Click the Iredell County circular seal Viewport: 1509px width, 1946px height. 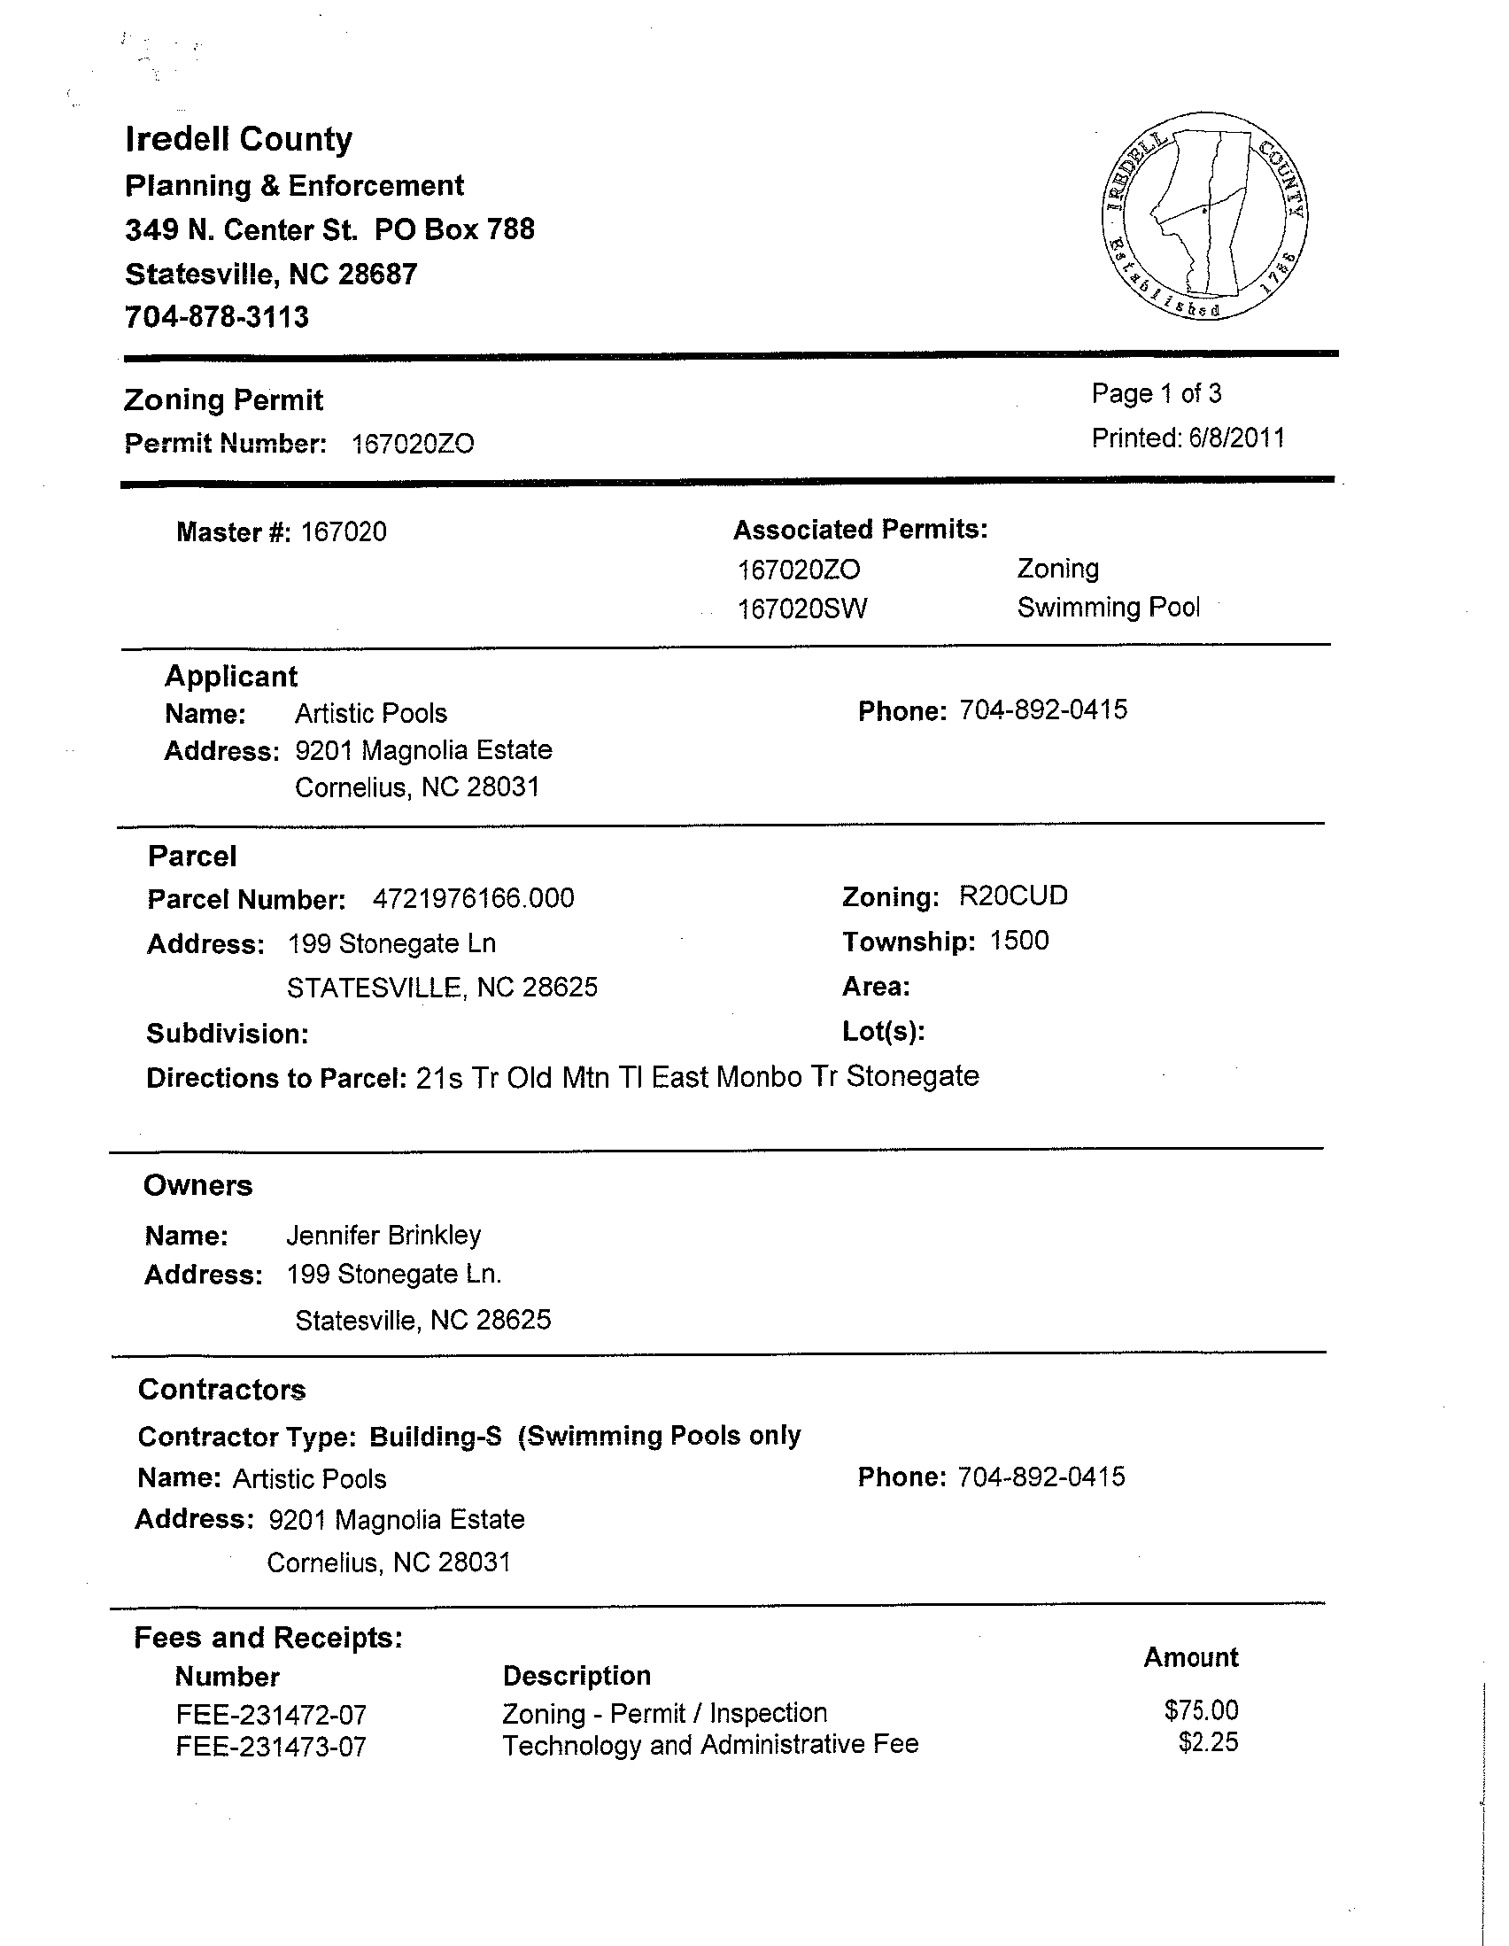pos(1204,215)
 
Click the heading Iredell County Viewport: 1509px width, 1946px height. pos(239,139)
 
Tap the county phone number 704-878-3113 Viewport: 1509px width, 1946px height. pos(216,317)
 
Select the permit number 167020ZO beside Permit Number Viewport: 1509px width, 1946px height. pos(413,444)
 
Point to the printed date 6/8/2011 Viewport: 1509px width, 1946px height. pos(1235,438)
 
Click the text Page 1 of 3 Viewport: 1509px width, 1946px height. pos(1157,394)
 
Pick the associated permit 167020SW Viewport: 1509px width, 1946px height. pos(801,609)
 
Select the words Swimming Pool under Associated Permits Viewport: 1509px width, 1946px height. pos(1108,608)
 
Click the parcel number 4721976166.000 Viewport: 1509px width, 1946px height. pos(473,898)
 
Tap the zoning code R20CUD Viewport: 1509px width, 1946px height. pos(1013,895)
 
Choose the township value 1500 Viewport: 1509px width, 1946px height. pos(1019,941)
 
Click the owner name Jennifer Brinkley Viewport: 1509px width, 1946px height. pos(383,1235)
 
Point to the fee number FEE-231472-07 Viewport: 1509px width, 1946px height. pos(271,1714)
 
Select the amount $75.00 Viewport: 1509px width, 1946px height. pos(1201,1710)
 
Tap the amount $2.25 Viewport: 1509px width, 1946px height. pos(1208,1742)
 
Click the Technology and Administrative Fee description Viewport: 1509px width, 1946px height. pos(710,1744)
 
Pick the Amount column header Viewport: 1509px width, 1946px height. pos(1191,1657)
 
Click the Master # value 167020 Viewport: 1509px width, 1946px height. pos(344,532)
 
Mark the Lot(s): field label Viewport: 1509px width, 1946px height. pos(883,1032)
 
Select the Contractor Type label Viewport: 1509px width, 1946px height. pos(247,1437)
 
